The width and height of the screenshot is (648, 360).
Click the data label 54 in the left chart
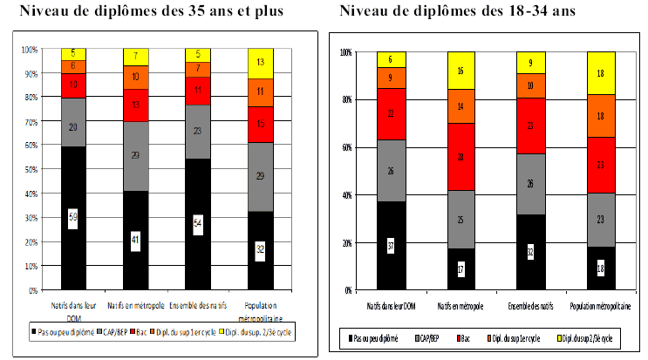coord(198,224)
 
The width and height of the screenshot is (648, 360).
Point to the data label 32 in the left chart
coord(262,248)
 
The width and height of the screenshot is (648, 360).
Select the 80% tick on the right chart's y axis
coord(347,99)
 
